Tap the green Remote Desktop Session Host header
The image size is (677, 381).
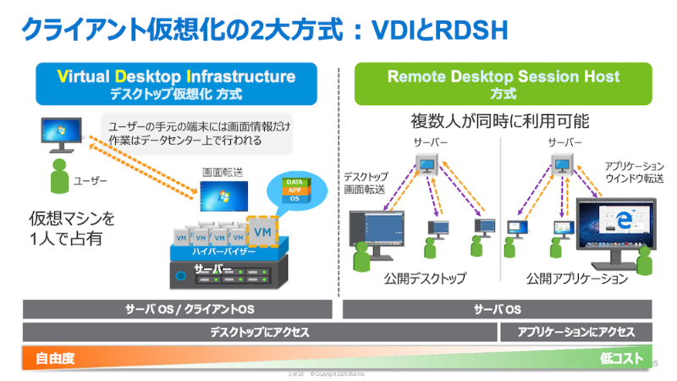(503, 83)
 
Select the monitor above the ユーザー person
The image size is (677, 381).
(58, 133)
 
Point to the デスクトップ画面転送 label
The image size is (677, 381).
(365, 184)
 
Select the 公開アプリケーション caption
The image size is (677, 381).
(577, 278)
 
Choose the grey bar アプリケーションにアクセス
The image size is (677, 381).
(576, 333)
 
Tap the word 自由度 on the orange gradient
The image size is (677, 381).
(55, 358)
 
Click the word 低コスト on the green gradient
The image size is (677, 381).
(622, 358)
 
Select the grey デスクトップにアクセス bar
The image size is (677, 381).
(259, 333)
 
